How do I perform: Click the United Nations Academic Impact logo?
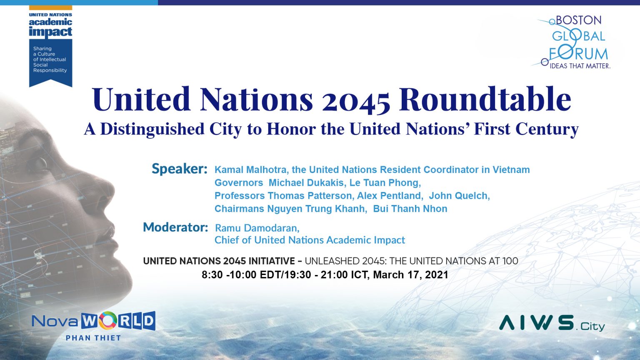(x=50, y=46)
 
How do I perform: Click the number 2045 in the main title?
(x=356, y=100)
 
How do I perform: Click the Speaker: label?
(x=179, y=169)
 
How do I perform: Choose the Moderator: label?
(x=175, y=227)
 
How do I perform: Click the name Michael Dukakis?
(x=306, y=183)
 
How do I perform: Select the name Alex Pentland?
(x=389, y=196)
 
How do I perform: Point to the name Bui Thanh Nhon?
(x=410, y=209)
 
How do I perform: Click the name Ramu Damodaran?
(x=257, y=228)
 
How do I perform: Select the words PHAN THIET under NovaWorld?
(x=93, y=338)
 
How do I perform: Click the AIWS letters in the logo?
(x=537, y=322)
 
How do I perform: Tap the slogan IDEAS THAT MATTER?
(x=580, y=66)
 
